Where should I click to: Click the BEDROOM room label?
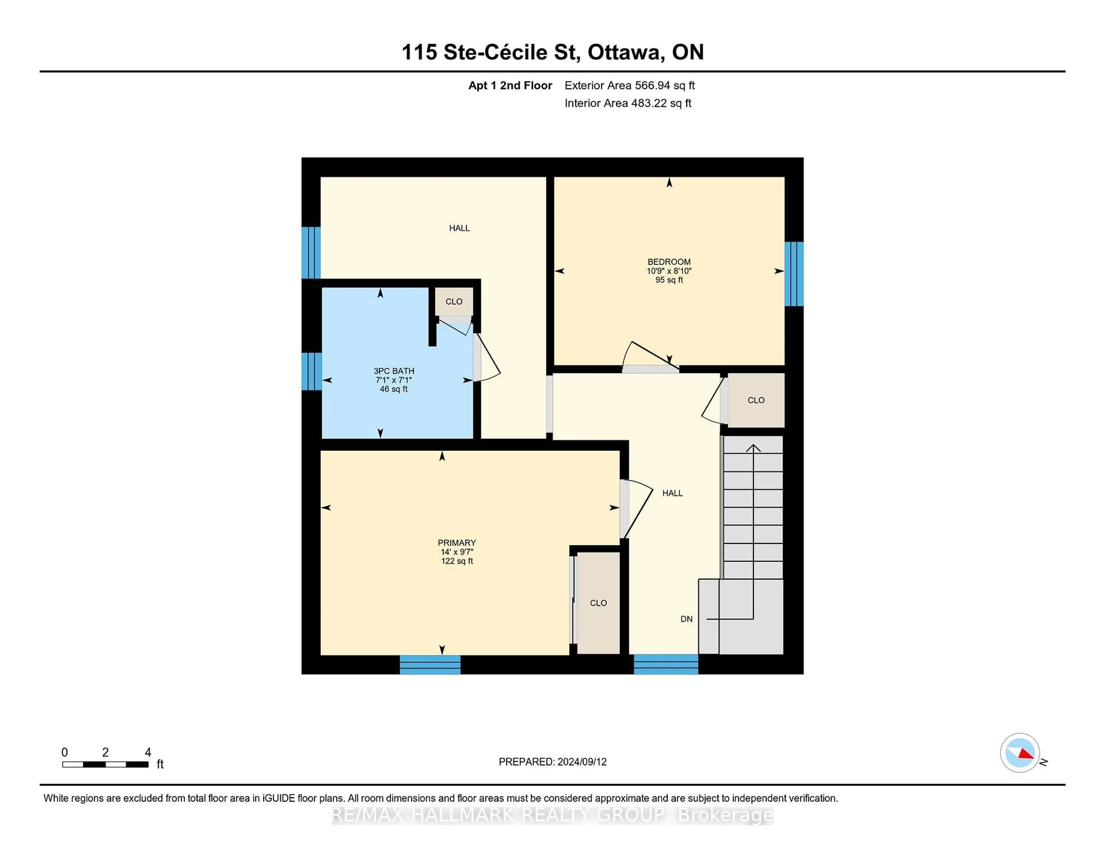click(x=669, y=262)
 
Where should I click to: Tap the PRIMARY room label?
click(x=457, y=542)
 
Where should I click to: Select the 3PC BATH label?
click(x=394, y=371)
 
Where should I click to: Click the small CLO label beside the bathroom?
click(x=454, y=302)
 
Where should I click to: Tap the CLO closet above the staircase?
click(x=756, y=400)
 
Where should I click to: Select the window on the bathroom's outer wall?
click(x=312, y=371)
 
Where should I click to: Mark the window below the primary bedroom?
click(x=430, y=665)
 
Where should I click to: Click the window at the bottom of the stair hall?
click(x=666, y=664)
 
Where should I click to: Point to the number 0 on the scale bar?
click(x=65, y=752)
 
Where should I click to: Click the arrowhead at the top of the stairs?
click(x=753, y=448)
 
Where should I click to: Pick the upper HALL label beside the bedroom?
click(x=459, y=228)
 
